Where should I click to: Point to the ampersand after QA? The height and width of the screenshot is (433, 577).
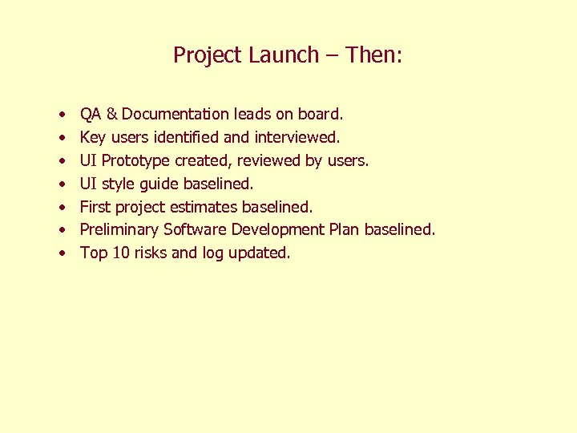click(113, 115)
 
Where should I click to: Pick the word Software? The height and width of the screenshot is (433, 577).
click(196, 229)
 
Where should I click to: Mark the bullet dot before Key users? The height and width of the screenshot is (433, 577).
click(62, 138)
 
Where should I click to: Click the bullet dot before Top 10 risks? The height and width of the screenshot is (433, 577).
click(62, 253)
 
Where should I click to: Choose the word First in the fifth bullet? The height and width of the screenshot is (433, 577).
click(95, 207)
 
